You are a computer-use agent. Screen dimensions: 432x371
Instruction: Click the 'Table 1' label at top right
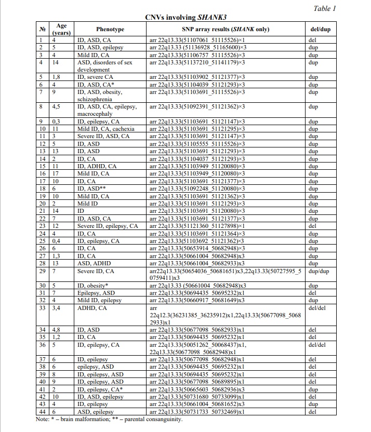[x=326, y=8]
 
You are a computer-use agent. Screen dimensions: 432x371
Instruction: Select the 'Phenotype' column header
[x=110, y=29]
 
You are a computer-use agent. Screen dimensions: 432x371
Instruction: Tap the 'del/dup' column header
[x=320, y=29]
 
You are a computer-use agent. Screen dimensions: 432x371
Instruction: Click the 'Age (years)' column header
[x=62, y=29]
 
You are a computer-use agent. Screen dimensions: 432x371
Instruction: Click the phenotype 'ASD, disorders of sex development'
[x=104, y=65]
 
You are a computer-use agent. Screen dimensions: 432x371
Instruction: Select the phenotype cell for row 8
[x=107, y=110]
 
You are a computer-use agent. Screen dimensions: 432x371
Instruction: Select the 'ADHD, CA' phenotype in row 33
[x=92, y=307]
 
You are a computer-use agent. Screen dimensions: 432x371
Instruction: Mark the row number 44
[x=43, y=411]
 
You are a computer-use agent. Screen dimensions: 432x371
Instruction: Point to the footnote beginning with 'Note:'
[x=109, y=419]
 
